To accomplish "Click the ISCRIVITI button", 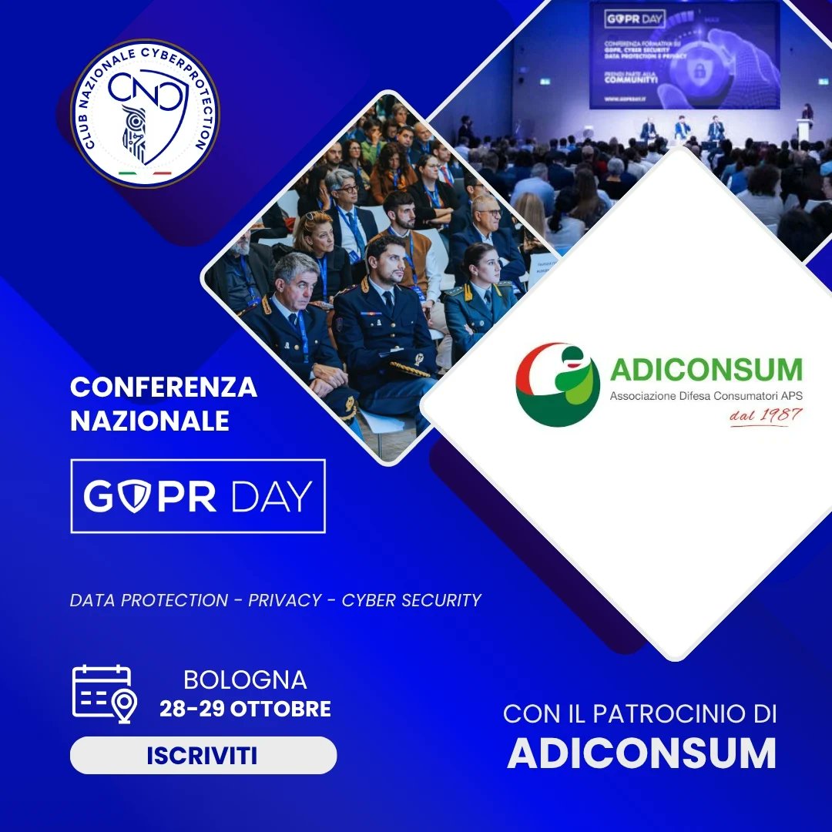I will coord(203,755).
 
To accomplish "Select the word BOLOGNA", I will coord(245,680).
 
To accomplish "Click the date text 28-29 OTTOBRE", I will coord(245,709).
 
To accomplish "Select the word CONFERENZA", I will coord(163,387).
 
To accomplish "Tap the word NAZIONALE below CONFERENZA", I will coord(149,421).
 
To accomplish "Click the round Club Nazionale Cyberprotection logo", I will coord(145,114).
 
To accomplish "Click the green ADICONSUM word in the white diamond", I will coord(706,371).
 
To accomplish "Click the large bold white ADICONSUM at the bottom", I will coord(642,754).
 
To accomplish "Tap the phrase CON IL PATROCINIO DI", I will coord(639,714).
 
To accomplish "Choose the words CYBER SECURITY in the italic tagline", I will coord(411,600).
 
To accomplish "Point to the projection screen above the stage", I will coord(684,55).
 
